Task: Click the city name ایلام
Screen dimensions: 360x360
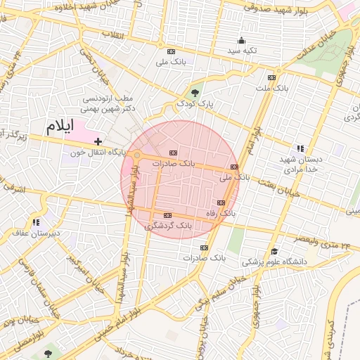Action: [59, 127]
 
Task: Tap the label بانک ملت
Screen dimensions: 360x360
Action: [271, 89]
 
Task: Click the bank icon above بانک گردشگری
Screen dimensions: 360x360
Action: [167, 215]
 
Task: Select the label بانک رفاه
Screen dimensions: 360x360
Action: [219, 212]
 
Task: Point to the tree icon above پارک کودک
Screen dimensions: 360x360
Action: [195, 92]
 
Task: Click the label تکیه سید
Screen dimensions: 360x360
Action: [242, 51]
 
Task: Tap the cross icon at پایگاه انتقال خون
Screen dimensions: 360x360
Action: [98, 142]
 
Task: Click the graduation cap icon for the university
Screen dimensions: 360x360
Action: [274, 251]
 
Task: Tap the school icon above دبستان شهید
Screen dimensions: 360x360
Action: [300, 148]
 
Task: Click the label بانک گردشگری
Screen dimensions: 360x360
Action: [168, 226]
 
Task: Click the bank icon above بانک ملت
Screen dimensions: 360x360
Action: [272, 77]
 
